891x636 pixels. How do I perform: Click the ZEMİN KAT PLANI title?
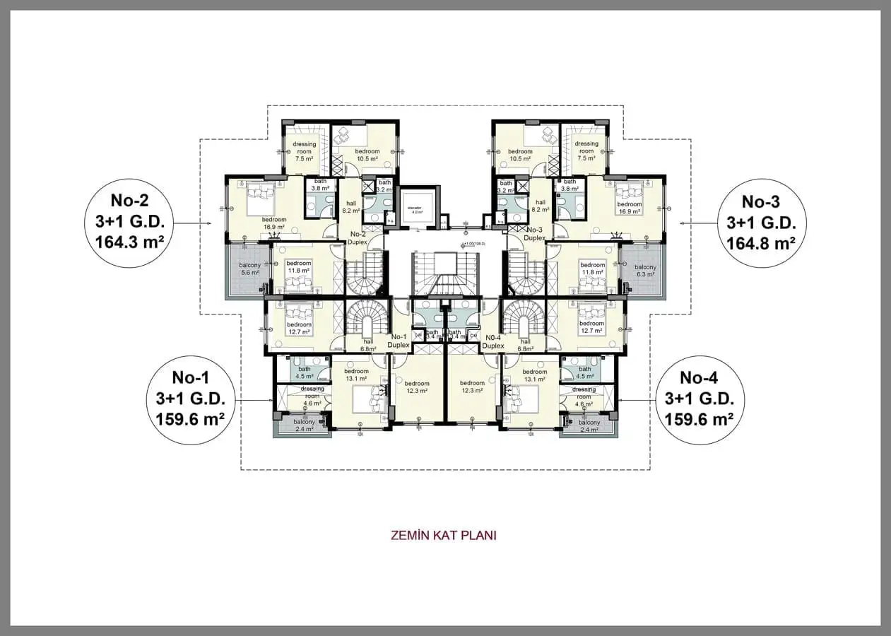(x=444, y=535)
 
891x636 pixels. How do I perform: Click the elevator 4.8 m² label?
(x=415, y=210)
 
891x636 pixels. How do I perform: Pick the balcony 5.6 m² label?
(x=249, y=269)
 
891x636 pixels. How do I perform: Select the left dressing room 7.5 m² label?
(x=304, y=151)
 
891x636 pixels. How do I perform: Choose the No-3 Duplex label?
(x=534, y=234)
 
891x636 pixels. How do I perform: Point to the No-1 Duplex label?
(x=399, y=341)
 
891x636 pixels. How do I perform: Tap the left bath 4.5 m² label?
(x=305, y=372)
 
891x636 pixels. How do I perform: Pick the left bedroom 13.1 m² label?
(x=356, y=375)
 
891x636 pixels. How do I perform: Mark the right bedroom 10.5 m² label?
(x=520, y=155)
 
